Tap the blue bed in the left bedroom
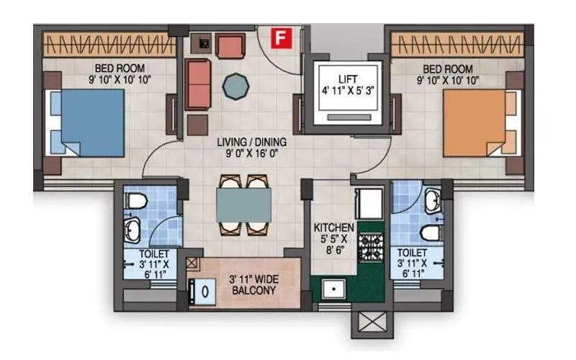[91, 122]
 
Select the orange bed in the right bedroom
[474, 122]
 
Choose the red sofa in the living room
[198, 84]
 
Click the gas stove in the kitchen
[371, 248]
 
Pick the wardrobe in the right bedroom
[457, 46]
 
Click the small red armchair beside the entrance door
[230, 46]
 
